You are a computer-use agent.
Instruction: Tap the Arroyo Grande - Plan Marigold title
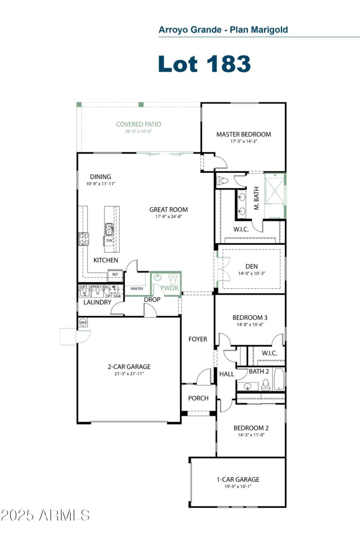coord(223,30)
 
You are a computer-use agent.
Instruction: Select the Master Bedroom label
coord(243,134)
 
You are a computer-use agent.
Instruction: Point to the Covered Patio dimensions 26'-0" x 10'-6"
coord(138,132)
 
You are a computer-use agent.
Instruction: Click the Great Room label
coord(169,209)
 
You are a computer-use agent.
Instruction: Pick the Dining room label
coord(100,177)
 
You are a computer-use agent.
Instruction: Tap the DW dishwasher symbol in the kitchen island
coord(109,241)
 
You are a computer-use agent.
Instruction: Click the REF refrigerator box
coord(115,274)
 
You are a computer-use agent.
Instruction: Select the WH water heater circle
coord(83,323)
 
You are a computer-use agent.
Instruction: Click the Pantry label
coord(136,288)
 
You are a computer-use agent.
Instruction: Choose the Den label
coord(252,265)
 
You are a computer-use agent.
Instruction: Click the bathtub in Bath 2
coord(279,379)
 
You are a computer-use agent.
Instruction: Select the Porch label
coord(198,398)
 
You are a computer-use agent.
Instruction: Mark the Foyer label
coord(198,339)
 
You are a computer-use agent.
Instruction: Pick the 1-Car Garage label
coord(238,479)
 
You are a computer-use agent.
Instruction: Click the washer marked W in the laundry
coord(84,293)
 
